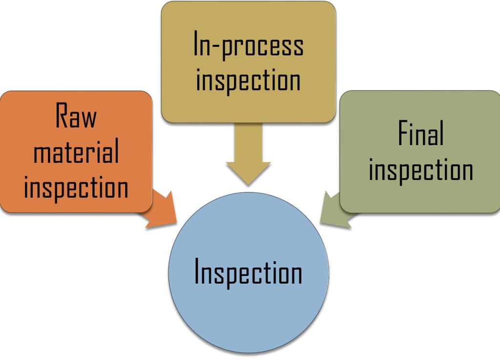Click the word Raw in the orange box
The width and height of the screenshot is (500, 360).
tap(76, 116)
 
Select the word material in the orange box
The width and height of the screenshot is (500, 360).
tap(76, 152)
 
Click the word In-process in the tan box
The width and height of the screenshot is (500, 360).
tap(248, 45)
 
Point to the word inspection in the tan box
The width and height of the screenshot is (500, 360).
tap(248, 80)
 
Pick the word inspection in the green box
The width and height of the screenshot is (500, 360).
tap(420, 170)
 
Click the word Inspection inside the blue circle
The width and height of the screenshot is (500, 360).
tap(248, 273)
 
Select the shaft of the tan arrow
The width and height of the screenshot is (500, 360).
tap(248, 142)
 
